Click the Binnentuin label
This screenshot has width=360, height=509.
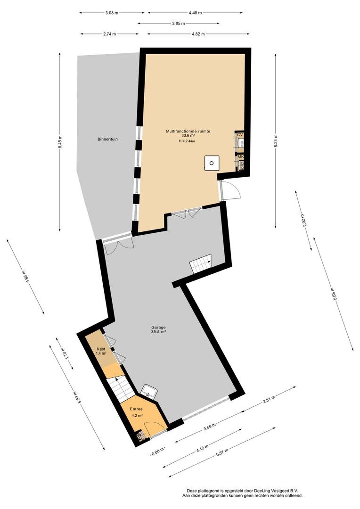(107, 139)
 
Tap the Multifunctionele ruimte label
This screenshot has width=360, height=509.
(188, 131)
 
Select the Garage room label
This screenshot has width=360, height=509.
(158, 327)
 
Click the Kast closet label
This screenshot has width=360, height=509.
(101, 349)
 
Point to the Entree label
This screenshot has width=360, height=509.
(136, 409)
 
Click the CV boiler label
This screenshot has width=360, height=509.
(240, 134)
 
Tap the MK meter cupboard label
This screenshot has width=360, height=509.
(240, 156)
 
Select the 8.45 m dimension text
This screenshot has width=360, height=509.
(60, 142)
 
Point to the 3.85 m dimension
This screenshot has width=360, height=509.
(178, 24)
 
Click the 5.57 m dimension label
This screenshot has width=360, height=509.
(222, 452)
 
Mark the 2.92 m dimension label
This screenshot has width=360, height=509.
(304, 221)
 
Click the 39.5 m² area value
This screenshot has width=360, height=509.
(158, 332)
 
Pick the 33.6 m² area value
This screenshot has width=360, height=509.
(188, 136)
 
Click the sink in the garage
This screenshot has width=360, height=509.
(150, 392)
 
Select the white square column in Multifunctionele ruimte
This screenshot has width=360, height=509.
(212, 163)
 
